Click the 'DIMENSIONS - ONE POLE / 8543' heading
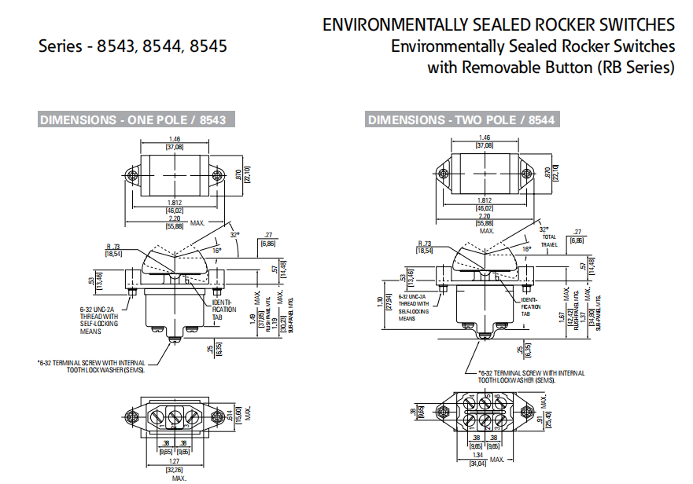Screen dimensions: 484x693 133,120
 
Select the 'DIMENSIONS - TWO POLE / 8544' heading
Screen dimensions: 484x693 461,120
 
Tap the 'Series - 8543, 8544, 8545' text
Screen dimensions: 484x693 133,46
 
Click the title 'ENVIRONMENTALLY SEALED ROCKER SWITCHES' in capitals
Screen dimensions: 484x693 498,25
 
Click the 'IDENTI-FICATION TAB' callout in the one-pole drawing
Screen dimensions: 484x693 223,310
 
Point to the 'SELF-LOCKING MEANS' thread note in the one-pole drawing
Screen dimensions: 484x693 99,321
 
